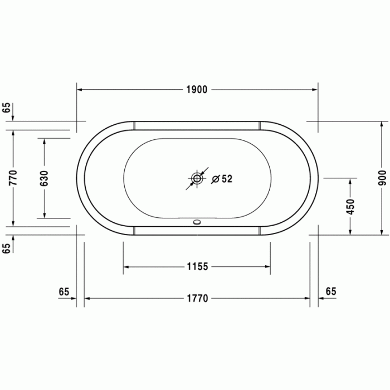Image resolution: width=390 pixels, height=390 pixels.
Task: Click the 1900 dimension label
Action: pos(197,90)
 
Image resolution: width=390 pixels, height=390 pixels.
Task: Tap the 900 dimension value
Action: pos(382,177)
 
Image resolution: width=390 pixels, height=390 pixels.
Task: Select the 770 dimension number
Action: pos(13,177)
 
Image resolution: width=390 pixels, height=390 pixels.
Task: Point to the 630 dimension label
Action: pos(45,177)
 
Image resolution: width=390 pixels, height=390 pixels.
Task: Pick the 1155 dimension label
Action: pos(197,267)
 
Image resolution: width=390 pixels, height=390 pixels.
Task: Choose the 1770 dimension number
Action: pos(197,299)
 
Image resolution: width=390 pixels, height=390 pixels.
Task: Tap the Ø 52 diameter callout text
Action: pos(222,179)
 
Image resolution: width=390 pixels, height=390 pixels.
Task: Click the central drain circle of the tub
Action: pos(197,179)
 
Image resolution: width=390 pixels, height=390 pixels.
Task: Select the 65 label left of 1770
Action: pos(64,291)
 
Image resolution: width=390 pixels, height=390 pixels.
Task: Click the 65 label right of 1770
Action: pos(331,291)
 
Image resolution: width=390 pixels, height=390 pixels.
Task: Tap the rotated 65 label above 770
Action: pos(7,108)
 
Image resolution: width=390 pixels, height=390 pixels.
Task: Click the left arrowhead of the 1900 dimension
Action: pos(80,90)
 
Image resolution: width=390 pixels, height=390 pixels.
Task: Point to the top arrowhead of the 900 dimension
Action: pos(382,125)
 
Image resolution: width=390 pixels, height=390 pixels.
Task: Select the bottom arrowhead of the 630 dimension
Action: pos(45,214)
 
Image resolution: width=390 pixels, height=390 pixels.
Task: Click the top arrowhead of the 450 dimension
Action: pos(350,182)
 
